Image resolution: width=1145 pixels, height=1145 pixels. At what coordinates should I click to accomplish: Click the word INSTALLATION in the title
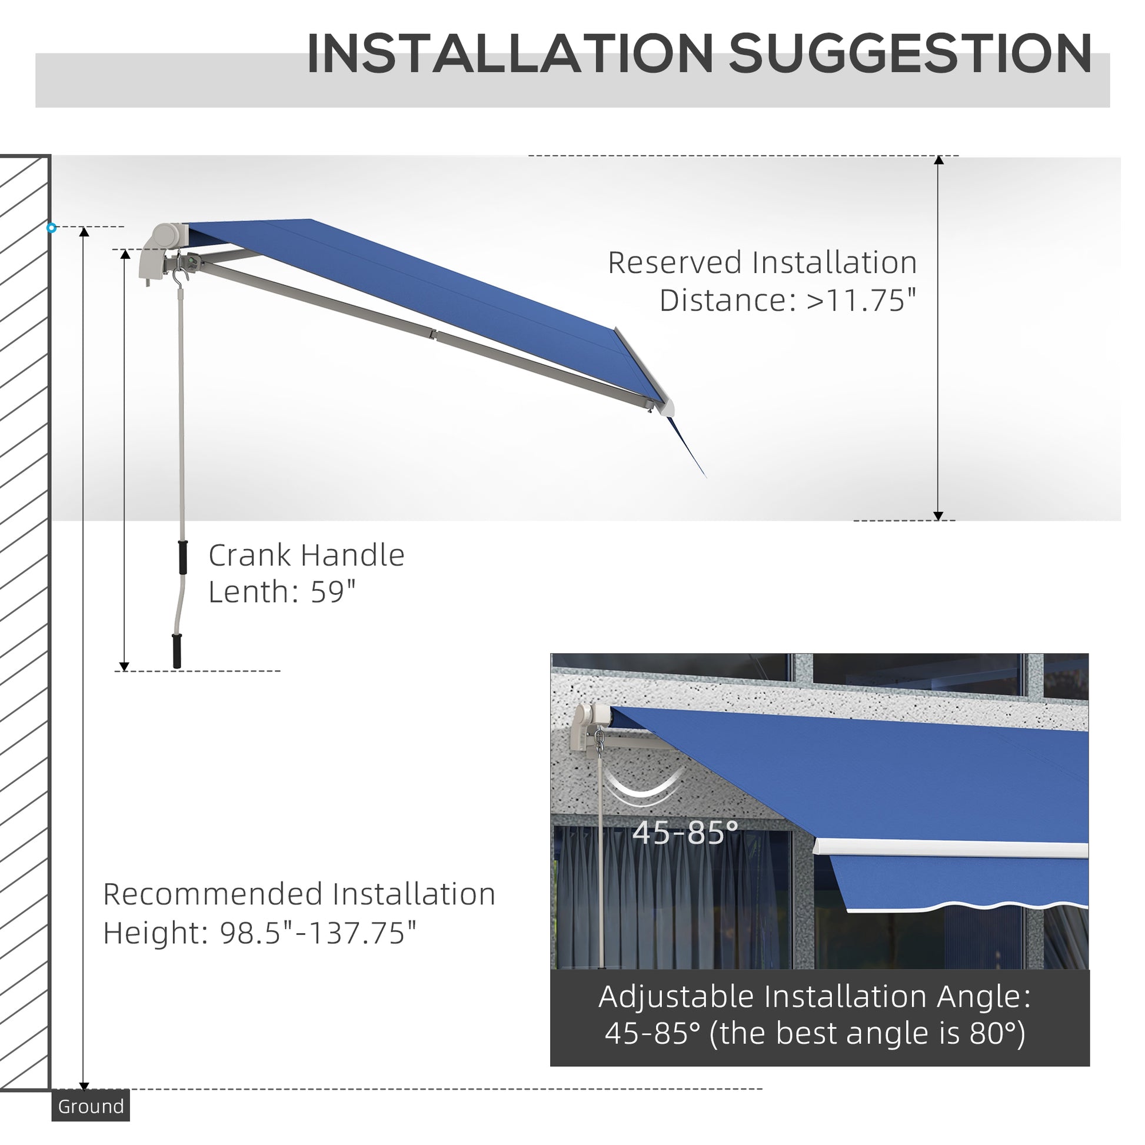[510, 55]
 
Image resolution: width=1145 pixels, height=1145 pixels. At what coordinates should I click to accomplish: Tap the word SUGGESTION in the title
[910, 55]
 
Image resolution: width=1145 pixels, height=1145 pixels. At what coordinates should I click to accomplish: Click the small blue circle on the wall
[52, 228]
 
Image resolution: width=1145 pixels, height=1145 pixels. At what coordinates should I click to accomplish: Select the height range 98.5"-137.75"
[318, 933]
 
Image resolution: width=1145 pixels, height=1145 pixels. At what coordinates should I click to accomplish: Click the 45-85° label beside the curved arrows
[685, 833]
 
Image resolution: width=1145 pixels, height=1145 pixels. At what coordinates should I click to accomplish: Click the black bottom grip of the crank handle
[177, 651]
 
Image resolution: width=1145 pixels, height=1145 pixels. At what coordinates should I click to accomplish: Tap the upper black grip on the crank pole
[183, 557]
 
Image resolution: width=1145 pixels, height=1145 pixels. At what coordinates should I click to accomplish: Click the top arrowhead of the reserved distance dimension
[938, 161]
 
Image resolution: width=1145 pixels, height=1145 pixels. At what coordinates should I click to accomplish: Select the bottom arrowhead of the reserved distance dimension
[938, 515]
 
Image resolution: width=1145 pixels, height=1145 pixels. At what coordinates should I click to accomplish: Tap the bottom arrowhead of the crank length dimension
[125, 666]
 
